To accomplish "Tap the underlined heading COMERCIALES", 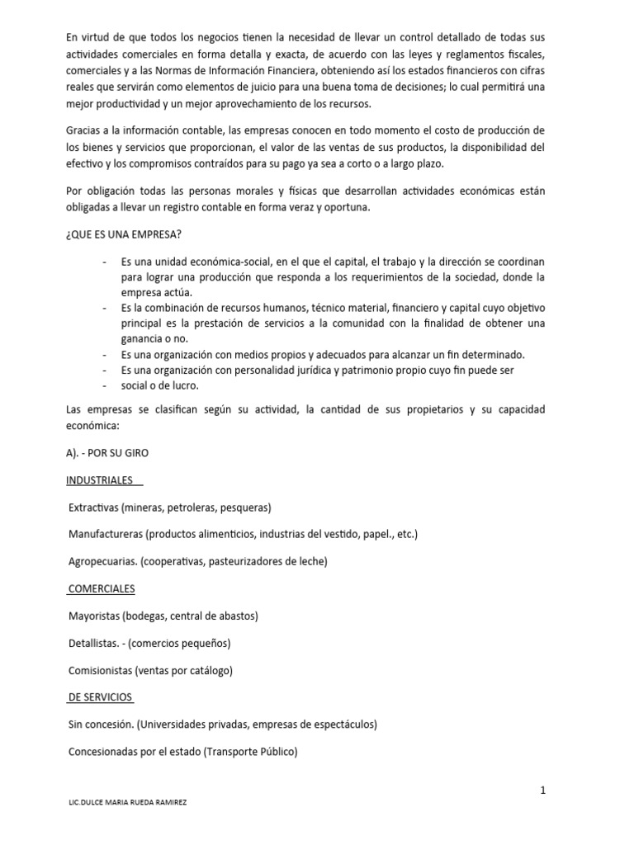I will pos(102,588).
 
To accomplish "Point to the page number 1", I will pos(543,790).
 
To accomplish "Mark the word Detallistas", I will pos(93,643).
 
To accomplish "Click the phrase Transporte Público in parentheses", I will pos(247,751).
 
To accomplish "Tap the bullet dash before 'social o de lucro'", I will pos(105,385).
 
